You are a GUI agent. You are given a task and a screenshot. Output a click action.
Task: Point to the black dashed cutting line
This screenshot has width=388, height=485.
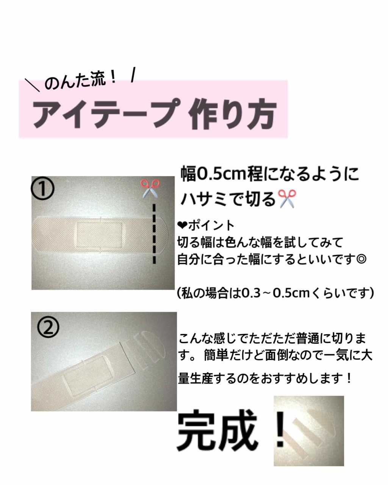tap(154, 234)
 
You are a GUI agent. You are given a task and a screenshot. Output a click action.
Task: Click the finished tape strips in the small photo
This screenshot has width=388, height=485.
tap(303, 432)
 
